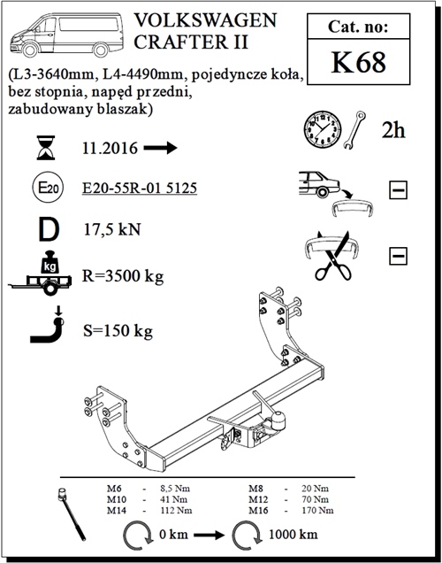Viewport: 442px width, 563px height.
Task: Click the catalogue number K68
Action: pyautogui.click(x=358, y=63)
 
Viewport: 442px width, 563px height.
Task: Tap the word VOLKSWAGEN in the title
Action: pyautogui.click(x=206, y=20)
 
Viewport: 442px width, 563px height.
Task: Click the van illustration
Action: pyautogui.click(x=66, y=35)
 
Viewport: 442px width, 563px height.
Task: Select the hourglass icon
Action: pyautogui.click(x=46, y=148)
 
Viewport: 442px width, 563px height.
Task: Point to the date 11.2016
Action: pyautogui.click(x=110, y=148)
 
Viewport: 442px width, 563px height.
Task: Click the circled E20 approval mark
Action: pyautogui.click(x=48, y=188)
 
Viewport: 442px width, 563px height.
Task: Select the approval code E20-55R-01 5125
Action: pyautogui.click(x=140, y=189)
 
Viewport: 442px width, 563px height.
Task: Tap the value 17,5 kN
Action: pyautogui.click(x=112, y=229)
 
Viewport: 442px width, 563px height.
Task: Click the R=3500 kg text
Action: pyautogui.click(x=123, y=276)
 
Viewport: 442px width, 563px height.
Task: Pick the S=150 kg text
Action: pyautogui.click(x=118, y=331)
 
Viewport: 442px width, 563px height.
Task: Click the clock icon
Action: pyautogui.click(x=323, y=129)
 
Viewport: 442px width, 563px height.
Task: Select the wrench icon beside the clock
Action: pyautogui.click(x=354, y=129)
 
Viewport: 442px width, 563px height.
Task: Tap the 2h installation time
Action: pyautogui.click(x=393, y=129)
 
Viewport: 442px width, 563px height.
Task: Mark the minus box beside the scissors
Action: pyautogui.click(x=398, y=256)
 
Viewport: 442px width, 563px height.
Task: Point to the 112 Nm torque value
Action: pyautogui.click(x=176, y=510)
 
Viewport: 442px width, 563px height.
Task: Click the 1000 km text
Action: pyautogui.click(x=293, y=535)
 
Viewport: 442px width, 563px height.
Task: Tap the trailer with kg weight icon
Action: pyautogui.click(x=41, y=273)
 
